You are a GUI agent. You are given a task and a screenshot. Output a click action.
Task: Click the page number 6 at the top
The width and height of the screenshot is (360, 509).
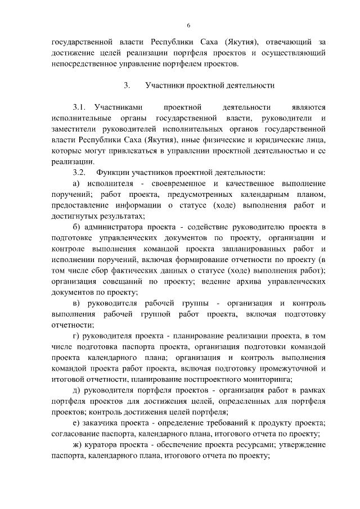(188, 25)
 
